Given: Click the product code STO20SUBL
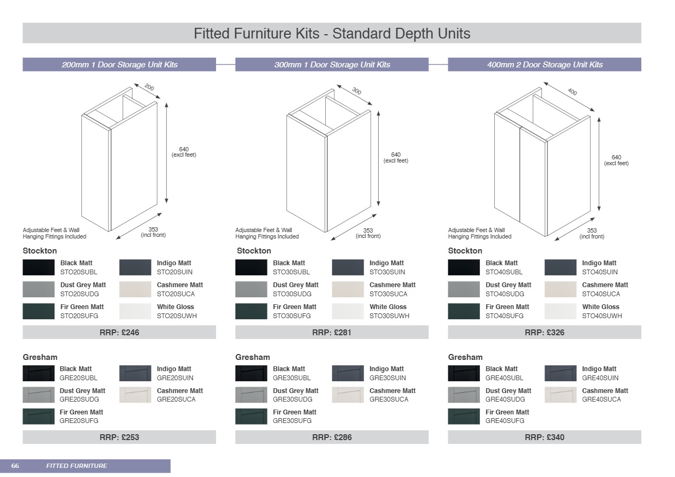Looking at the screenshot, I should (78, 272).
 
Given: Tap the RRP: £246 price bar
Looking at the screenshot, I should (119, 333).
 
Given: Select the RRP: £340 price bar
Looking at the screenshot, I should (544, 437).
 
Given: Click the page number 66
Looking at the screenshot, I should (15, 466).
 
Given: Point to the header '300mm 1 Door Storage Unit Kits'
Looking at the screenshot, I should (332, 65).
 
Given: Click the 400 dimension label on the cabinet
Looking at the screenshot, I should (572, 91).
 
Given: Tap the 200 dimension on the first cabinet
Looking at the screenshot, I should (149, 87).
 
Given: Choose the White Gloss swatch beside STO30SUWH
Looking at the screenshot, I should (348, 311).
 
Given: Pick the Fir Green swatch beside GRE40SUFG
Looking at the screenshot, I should (464, 416).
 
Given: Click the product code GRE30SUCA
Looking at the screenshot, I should (388, 399).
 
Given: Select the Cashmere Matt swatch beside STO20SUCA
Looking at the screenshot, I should (135, 289).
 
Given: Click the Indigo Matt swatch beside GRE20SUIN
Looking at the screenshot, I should (135, 373).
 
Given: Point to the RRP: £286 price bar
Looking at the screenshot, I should (332, 437).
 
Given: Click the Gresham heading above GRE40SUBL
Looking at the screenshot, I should (465, 357).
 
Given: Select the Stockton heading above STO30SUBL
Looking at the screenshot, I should (254, 251).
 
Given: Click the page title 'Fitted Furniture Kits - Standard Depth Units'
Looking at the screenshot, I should (332, 33).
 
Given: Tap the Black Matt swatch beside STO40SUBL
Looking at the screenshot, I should (464, 267).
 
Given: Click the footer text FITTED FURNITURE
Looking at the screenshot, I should (76, 466).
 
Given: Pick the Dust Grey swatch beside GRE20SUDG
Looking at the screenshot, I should (39, 395).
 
